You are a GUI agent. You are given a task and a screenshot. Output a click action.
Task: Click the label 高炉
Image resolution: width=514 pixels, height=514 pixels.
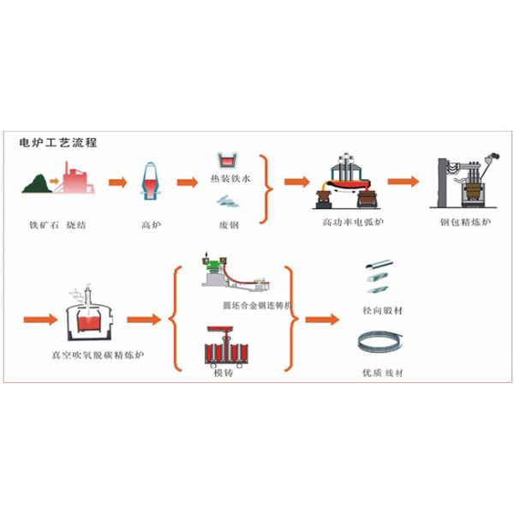(x=151, y=224)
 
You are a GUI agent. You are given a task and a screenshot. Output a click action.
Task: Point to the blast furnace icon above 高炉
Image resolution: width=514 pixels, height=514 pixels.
(x=149, y=182)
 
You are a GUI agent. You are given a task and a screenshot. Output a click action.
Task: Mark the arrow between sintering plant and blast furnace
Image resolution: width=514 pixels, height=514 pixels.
(x=118, y=182)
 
